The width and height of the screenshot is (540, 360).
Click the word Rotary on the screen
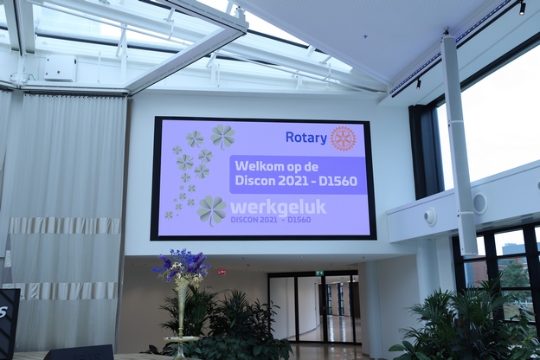click(x=306, y=138)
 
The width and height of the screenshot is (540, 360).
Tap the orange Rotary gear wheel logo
click(x=343, y=138)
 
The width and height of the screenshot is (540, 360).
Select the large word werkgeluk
click(x=278, y=208)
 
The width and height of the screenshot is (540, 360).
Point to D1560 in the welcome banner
click(x=337, y=181)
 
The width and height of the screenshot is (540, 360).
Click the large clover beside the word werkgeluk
click(x=211, y=210)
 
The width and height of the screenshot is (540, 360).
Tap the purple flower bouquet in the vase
click(x=182, y=265)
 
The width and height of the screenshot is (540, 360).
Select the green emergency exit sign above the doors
click(x=319, y=273)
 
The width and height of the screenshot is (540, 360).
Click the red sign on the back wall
click(x=222, y=272)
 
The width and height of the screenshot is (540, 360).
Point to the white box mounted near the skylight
click(x=60, y=67)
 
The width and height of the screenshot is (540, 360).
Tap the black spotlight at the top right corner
click(x=522, y=9)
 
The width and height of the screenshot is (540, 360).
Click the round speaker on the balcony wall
click(x=480, y=203)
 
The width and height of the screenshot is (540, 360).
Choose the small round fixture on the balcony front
click(x=429, y=217)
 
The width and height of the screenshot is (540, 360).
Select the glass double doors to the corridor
click(x=314, y=307)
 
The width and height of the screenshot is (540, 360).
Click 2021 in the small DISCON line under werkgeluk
click(x=267, y=220)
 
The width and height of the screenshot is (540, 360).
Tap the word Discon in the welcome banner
click(x=255, y=181)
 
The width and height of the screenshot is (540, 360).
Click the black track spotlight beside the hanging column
click(x=418, y=83)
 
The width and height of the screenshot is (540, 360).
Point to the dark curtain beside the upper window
click(x=427, y=151)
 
